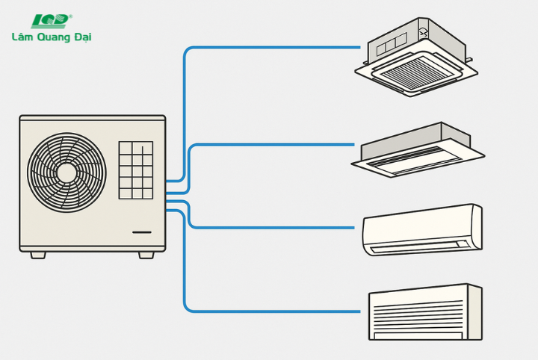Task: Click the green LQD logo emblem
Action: click(x=51, y=19)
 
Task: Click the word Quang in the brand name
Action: click(x=54, y=37)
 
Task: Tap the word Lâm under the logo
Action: click(x=22, y=36)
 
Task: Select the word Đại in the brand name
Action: click(x=82, y=37)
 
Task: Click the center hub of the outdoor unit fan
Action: click(x=67, y=172)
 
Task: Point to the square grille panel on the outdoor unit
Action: click(x=135, y=170)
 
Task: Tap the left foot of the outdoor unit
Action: click(x=37, y=255)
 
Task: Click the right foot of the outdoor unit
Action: click(x=146, y=255)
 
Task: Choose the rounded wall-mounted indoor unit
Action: click(x=422, y=229)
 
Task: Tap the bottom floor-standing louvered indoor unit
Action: click(x=424, y=311)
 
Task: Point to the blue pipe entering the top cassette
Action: click(x=299, y=48)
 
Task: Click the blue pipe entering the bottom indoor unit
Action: click(x=299, y=310)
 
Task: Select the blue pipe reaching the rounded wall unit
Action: click(x=299, y=226)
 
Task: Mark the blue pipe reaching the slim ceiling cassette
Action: click(x=299, y=145)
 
